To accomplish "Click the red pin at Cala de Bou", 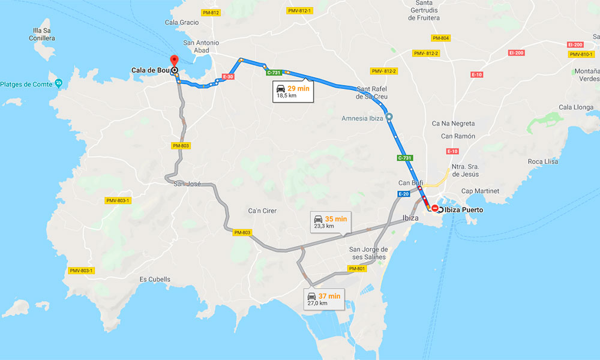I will click(x=174, y=61).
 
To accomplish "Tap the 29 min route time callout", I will click(x=293, y=91).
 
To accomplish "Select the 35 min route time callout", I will click(x=329, y=222).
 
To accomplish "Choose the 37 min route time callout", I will click(x=324, y=299).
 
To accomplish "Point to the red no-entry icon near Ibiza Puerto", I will click(x=434, y=209).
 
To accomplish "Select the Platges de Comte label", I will click(x=26, y=83).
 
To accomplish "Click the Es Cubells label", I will click(x=155, y=280).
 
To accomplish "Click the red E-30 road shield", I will click(x=227, y=77).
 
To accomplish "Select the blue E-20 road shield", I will click(x=403, y=194).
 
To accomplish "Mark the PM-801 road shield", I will click(x=357, y=268).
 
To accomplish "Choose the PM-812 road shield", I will click(x=211, y=13).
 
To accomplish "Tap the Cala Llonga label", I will click(x=575, y=107).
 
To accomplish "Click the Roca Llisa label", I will click(x=542, y=162).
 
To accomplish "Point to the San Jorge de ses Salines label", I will click(x=368, y=253).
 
